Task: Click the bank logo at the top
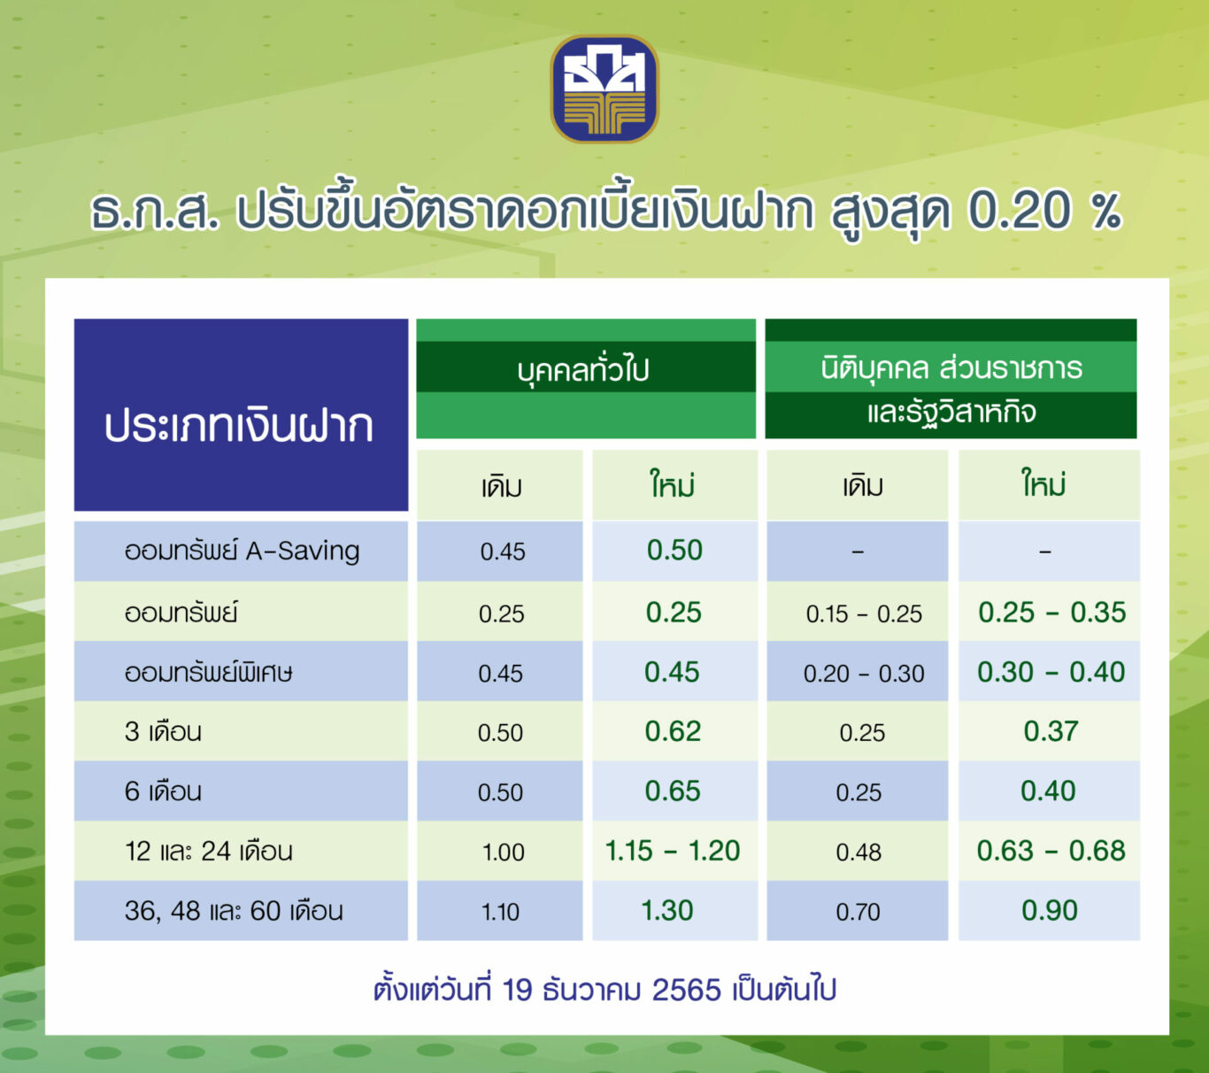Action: coord(604,89)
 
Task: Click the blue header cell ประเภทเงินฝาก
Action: coord(241,415)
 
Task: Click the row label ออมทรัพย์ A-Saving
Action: coord(242,552)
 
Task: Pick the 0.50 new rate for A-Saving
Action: coord(675,550)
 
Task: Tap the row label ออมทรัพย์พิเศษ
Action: coord(208,672)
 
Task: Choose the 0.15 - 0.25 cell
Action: coord(864,614)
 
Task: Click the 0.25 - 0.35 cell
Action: coord(1052,613)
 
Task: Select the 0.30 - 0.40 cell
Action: coord(1051,672)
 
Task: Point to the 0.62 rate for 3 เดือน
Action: coord(674,731)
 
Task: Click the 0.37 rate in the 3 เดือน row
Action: coord(1051,731)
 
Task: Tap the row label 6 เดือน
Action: coord(163,791)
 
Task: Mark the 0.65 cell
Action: coord(674,791)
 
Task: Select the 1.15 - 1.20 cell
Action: coord(673,851)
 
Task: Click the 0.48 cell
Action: coord(859,853)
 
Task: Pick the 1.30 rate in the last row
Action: coord(667,911)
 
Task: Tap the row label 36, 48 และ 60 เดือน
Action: coord(234,912)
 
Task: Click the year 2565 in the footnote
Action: coord(686,990)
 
